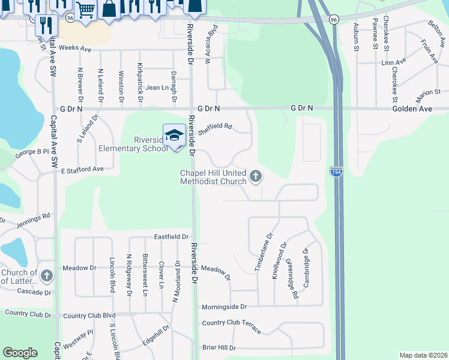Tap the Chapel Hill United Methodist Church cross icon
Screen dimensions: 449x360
coord(256,176)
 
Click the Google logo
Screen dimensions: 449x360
coord(20,353)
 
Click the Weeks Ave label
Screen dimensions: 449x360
coord(75,47)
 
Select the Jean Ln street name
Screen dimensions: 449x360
coord(157,88)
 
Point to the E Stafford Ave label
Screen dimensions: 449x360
coord(82,170)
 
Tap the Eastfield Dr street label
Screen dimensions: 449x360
coord(171,237)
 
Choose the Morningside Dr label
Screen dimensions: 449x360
coord(224,307)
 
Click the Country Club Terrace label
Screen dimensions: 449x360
coord(232,326)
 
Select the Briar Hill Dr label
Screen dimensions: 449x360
coord(219,347)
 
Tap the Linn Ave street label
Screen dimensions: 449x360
coord(394,62)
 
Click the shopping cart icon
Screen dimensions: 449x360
coord(85,10)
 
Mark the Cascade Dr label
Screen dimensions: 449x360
coord(34,292)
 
